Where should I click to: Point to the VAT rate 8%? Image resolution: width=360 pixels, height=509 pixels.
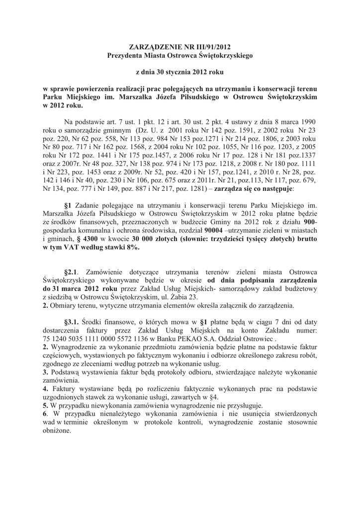click(x=130, y=249)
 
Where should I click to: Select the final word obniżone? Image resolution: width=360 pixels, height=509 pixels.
click(x=57, y=431)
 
